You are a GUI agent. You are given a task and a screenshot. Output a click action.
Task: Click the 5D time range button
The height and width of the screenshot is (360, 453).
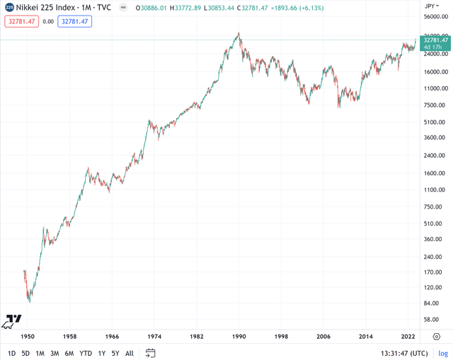[x=25, y=353]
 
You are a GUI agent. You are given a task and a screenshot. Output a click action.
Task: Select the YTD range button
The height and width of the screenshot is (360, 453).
[x=86, y=353]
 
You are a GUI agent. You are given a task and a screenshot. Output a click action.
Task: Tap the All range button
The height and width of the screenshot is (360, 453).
[x=130, y=353]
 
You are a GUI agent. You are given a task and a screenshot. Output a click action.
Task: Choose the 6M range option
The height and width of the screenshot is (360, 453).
[x=69, y=353]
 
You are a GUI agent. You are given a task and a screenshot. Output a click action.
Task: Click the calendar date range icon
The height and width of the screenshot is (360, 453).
[x=151, y=353]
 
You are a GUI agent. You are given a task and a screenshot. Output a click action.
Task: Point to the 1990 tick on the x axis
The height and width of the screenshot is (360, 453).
[x=239, y=337]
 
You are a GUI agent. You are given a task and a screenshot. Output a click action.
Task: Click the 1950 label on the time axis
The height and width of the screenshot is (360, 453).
[x=28, y=337]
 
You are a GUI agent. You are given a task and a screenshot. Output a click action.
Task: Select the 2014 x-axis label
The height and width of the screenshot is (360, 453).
[x=366, y=337]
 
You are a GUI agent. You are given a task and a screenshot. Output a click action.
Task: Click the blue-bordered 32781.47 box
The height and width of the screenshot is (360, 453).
[x=75, y=21]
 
